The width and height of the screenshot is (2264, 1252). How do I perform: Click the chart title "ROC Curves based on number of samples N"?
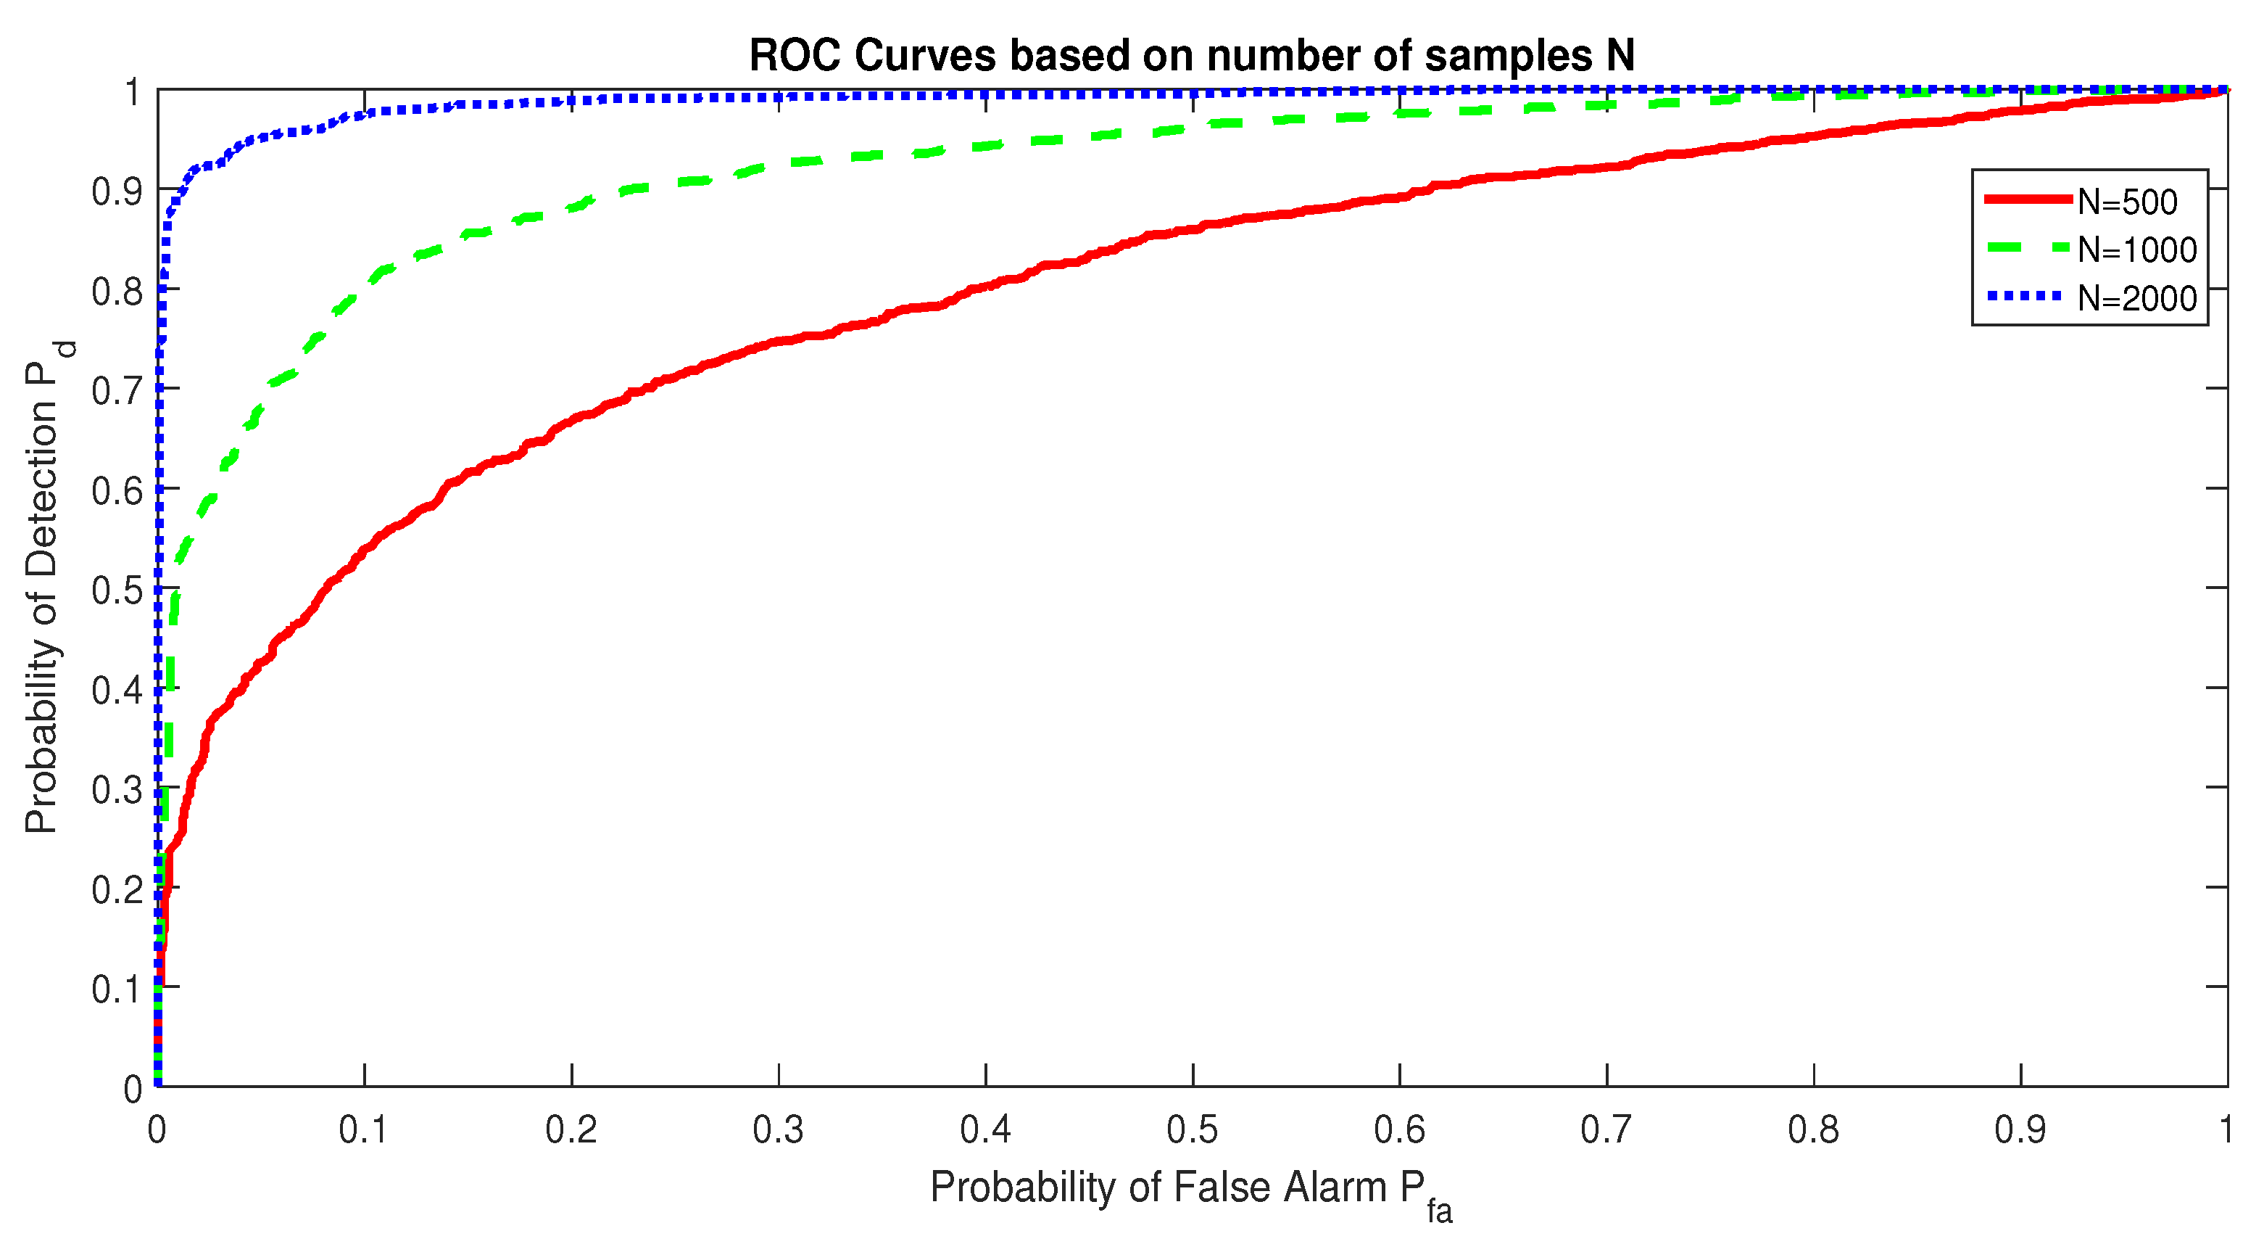tap(1191, 57)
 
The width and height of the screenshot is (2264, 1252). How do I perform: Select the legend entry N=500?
tap(2127, 202)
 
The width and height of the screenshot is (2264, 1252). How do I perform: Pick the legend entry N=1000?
tap(2136, 250)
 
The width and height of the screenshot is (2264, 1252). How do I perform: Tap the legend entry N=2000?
tap(2136, 299)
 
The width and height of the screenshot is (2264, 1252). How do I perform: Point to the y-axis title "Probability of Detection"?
tap(42, 588)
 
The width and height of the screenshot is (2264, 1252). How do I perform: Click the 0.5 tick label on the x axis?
tap(1192, 1130)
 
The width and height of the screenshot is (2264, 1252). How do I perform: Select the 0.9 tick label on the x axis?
tap(2020, 1130)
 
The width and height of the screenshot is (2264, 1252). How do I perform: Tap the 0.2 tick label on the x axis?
tap(571, 1130)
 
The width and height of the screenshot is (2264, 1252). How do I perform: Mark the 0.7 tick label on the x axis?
tap(1606, 1130)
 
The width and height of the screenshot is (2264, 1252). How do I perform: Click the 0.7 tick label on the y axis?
tap(117, 390)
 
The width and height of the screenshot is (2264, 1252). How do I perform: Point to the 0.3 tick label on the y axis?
tap(117, 788)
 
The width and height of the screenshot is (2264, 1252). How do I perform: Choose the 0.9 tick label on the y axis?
tap(117, 190)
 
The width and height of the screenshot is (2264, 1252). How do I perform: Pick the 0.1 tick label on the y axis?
tap(117, 988)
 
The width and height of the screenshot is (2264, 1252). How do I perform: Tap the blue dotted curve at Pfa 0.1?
tap(365, 113)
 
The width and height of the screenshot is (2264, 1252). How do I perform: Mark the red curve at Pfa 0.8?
tap(1813, 136)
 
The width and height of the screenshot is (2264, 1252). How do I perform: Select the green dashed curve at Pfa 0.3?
tap(779, 163)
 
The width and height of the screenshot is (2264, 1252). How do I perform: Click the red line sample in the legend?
tap(2028, 199)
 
